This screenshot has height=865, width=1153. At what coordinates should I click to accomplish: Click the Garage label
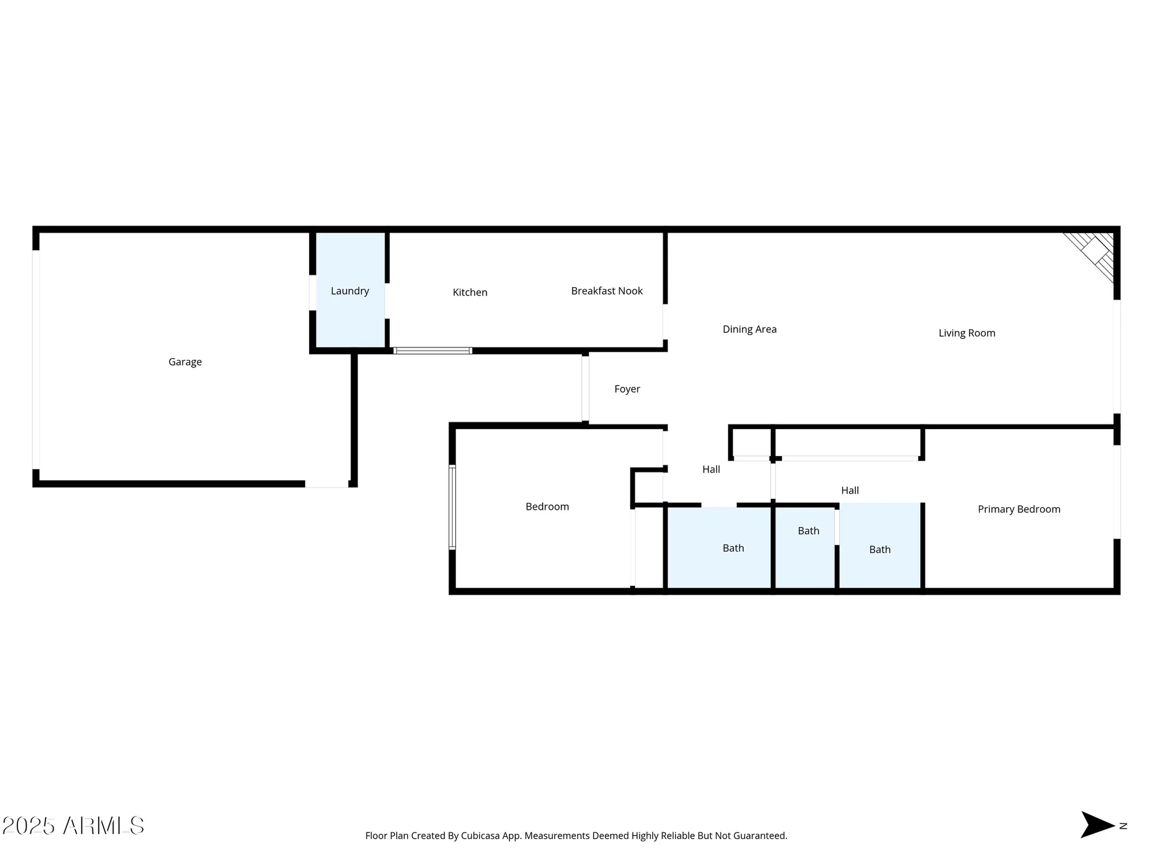click(x=185, y=362)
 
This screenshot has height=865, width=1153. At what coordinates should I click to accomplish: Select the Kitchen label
click(x=470, y=292)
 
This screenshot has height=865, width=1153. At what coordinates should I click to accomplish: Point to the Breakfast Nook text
click(x=606, y=291)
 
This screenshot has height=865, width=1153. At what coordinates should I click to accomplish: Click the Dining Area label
click(x=749, y=329)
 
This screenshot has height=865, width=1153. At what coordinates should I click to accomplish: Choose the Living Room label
click(x=967, y=333)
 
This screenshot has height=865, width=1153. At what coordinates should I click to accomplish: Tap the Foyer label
click(x=627, y=389)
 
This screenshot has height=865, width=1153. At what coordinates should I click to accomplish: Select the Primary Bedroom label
click(x=1019, y=509)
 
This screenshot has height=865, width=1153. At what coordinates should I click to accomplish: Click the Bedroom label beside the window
click(x=547, y=507)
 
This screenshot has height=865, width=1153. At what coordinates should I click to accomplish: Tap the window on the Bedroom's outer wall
click(x=453, y=507)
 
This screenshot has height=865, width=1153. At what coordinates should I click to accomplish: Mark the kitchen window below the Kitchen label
click(x=432, y=351)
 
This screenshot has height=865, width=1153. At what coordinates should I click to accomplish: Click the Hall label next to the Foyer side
click(x=711, y=469)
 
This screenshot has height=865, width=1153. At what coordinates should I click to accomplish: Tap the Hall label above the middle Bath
click(x=850, y=491)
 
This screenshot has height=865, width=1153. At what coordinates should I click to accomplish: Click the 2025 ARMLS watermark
click(x=73, y=826)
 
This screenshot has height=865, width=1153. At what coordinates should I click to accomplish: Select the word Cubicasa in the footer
click(x=480, y=836)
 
